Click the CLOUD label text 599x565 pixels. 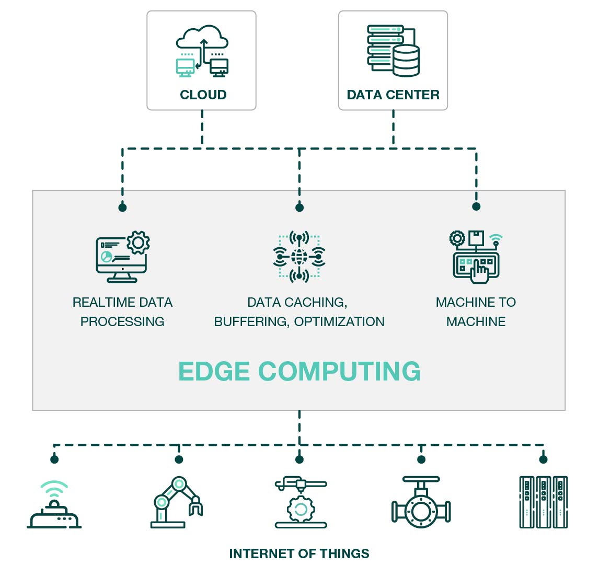203,95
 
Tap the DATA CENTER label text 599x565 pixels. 393,95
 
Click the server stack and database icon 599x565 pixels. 393,51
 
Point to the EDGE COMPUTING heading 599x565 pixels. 299,372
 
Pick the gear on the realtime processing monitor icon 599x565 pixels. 138,243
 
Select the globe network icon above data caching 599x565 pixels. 299,257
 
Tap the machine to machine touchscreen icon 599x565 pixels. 476,257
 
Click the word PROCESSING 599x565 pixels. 122,321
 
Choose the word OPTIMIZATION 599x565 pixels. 339,321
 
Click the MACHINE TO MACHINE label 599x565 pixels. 476,312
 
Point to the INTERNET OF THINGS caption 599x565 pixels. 299,554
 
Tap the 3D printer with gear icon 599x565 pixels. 301,503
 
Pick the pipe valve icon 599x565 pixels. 421,503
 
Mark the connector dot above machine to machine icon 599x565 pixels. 476,206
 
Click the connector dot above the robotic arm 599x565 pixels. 179,459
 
